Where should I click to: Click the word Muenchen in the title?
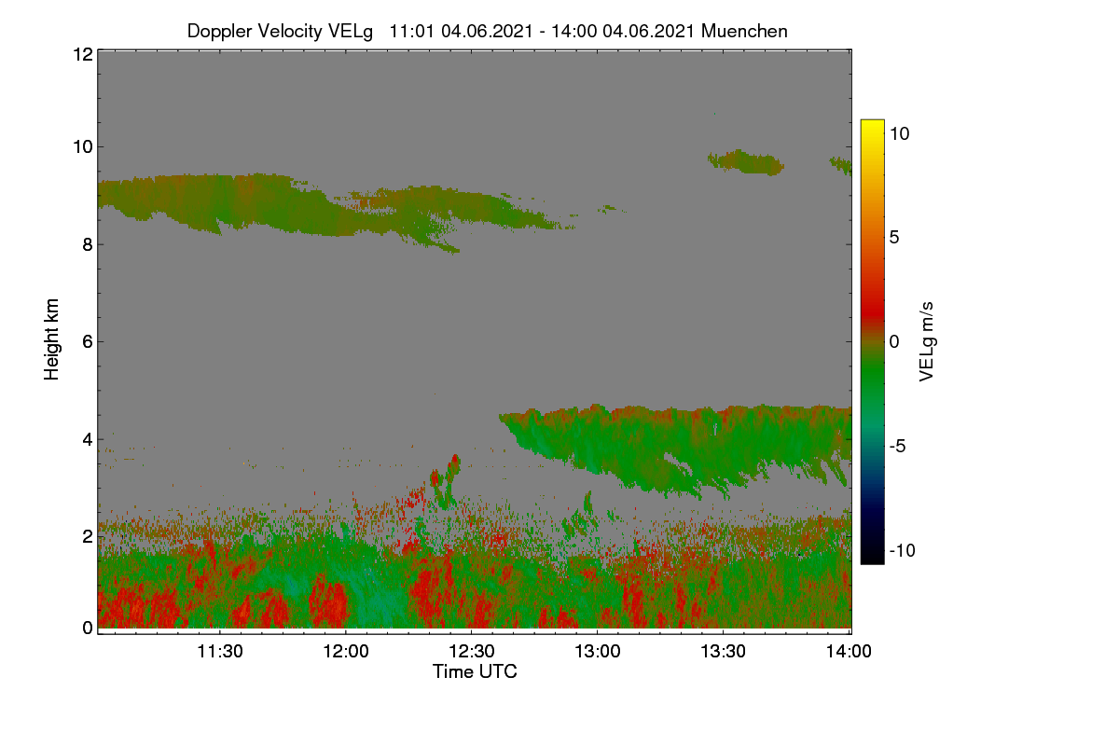(x=744, y=31)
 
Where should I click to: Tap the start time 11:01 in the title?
(x=411, y=31)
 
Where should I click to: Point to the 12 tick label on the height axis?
(x=83, y=54)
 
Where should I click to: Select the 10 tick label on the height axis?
(x=83, y=147)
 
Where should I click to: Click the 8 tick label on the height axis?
(x=88, y=244)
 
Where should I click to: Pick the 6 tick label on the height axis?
(x=88, y=342)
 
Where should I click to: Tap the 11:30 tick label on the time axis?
(x=220, y=651)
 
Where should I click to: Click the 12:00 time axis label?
(x=346, y=651)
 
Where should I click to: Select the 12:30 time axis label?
(x=472, y=651)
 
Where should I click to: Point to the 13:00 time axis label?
(x=598, y=651)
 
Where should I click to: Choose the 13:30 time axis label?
(x=723, y=651)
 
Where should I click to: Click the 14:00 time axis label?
(x=849, y=651)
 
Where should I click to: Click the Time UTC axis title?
(x=475, y=671)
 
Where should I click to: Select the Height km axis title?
(x=51, y=339)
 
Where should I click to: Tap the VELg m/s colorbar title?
(x=927, y=342)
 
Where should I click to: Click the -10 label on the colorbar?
(x=903, y=550)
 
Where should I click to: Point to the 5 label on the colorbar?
(x=894, y=238)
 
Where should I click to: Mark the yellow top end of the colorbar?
(x=872, y=122)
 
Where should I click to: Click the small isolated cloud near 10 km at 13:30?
(x=746, y=162)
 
